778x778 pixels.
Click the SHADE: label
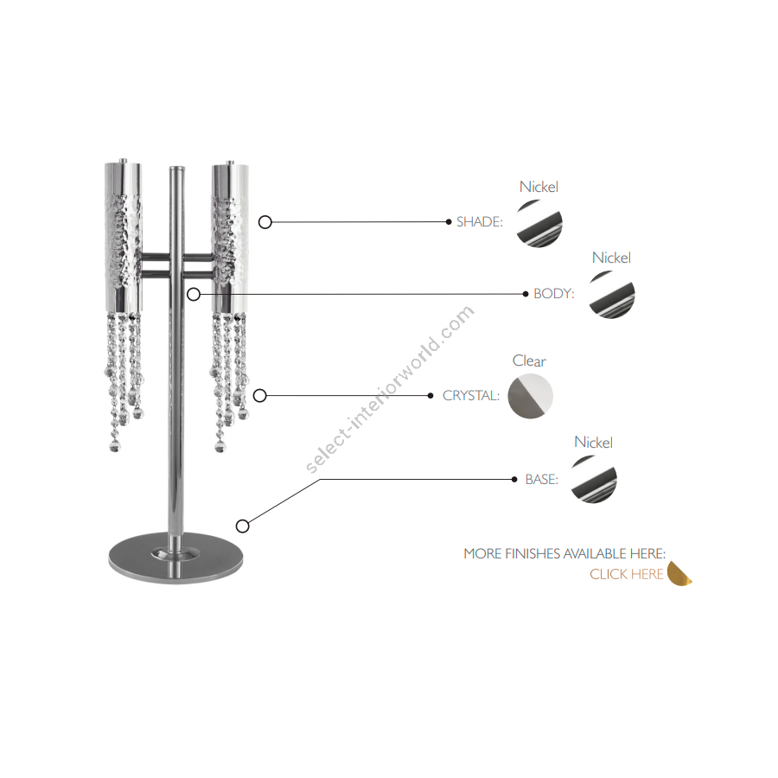[x=479, y=222]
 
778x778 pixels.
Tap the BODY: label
[x=554, y=294]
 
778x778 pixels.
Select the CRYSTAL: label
[x=470, y=395]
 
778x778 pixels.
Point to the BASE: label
[x=541, y=479]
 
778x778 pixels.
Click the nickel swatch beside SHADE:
[x=539, y=223]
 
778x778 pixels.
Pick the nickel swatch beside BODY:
[x=612, y=295]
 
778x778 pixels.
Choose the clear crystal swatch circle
[x=531, y=396]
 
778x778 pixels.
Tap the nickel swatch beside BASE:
[x=594, y=479]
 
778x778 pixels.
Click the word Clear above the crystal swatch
[x=529, y=360]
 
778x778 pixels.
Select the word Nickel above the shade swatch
[x=539, y=187]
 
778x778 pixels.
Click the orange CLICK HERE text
[x=626, y=574]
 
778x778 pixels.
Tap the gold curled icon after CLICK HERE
[x=679, y=574]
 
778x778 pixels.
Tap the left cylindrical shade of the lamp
[x=123, y=236]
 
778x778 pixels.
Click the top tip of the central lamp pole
[x=176, y=167]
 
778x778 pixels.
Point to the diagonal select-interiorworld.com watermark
[x=390, y=390]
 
